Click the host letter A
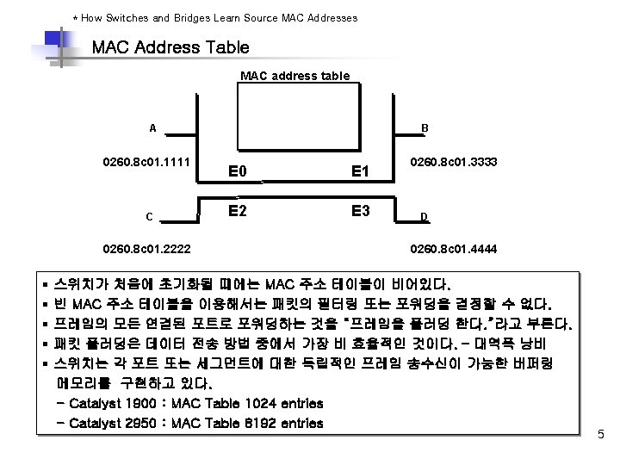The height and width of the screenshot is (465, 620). (152, 128)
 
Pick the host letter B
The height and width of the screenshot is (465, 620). (425, 128)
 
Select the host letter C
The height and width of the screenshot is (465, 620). (150, 216)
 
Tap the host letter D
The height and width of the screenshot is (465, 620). (424, 216)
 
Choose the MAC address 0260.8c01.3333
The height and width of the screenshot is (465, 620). (454, 162)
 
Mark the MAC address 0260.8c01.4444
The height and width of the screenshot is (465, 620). (454, 251)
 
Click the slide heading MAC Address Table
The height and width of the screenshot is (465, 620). (170, 47)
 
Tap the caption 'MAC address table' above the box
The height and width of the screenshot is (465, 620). (294, 76)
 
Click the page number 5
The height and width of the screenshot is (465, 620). (601, 436)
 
